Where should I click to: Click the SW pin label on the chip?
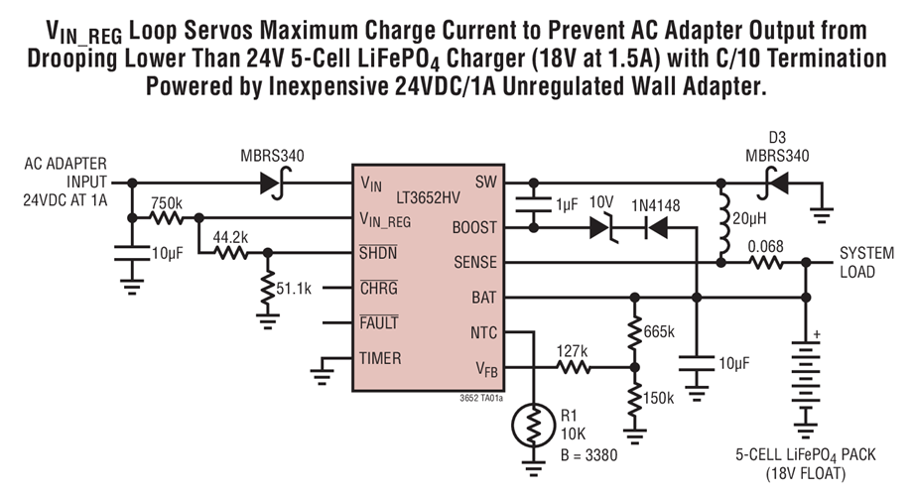(485, 183)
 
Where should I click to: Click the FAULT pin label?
(379, 323)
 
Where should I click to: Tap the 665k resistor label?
(661, 330)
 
